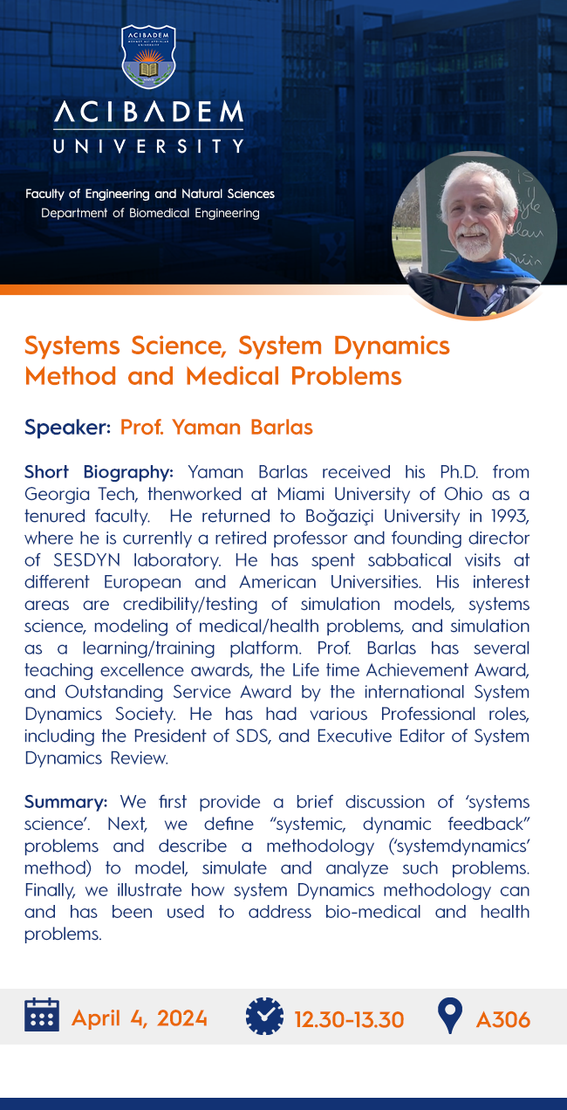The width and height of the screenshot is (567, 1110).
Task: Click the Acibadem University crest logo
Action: pos(148,58)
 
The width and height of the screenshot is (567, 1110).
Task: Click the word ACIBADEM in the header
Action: pos(148,113)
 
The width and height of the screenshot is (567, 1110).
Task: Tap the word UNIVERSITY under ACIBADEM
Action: pos(148,147)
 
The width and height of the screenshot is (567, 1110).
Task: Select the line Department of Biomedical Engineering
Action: pos(150,213)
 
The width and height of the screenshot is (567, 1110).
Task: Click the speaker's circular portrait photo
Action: pos(474,233)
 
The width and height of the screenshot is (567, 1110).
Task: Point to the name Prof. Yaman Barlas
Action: pos(216,428)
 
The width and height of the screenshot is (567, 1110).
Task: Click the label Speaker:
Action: pos(68,428)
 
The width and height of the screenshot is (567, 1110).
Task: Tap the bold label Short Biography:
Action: pos(99,472)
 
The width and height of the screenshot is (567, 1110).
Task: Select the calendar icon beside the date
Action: pos(41,1016)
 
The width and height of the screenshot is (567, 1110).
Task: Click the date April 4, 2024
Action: pos(140,1017)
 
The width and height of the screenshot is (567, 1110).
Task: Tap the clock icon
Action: pos(265,1016)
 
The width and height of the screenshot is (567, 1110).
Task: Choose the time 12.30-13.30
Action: pos(349,1018)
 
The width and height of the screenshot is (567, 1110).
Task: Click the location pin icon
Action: pos(449,1017)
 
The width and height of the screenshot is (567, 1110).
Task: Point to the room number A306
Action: pos(503,1018)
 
